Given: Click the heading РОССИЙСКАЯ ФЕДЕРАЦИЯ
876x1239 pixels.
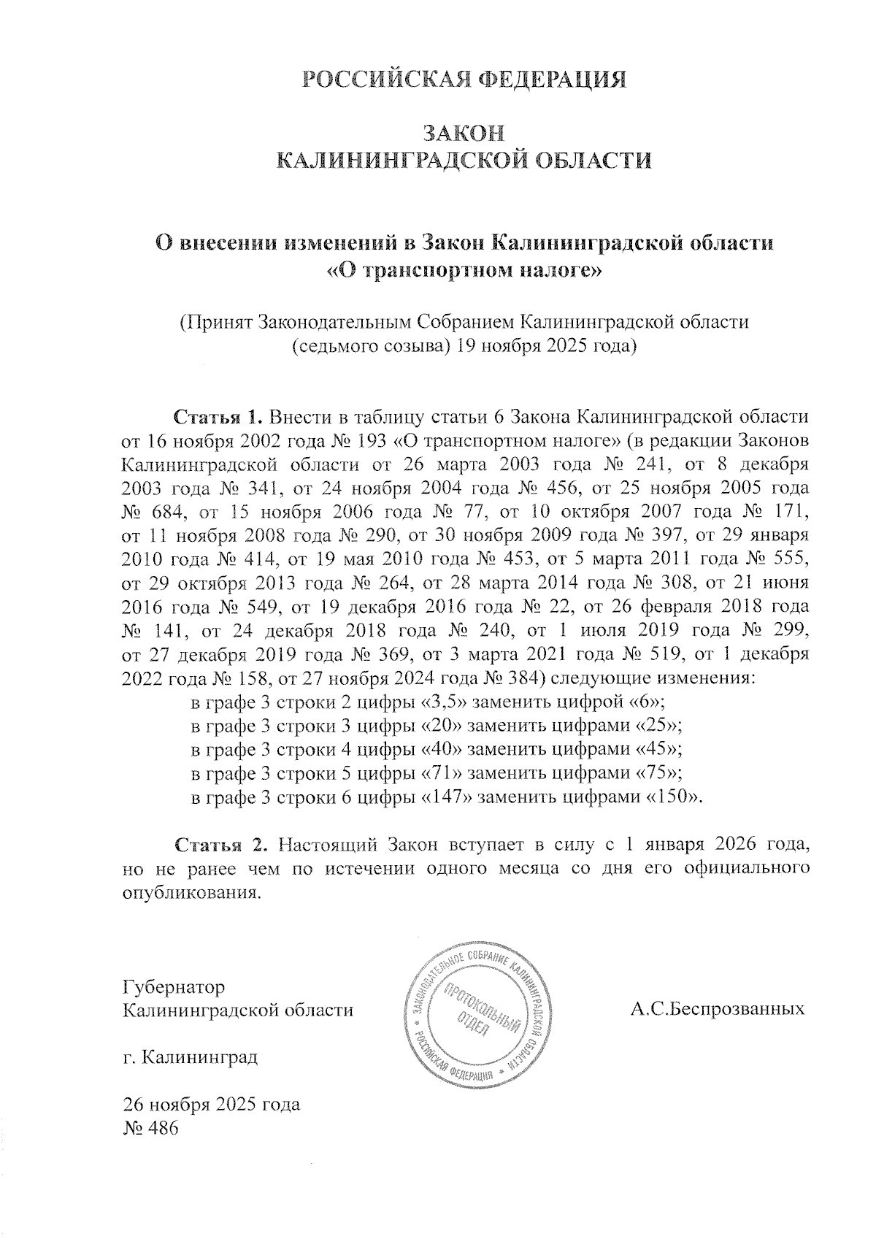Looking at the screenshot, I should tap(464, 80).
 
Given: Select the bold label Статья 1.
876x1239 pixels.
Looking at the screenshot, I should tap(216, 418).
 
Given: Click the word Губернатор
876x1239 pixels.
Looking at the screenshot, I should tap(174, 986).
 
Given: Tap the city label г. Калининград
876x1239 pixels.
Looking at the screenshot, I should tap(191, 1056).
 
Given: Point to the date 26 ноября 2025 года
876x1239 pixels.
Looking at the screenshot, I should tap(212, 1104).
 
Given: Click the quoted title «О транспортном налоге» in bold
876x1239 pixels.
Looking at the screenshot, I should tap(464, 272).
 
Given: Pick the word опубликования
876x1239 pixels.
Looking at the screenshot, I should tap(191, 892).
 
